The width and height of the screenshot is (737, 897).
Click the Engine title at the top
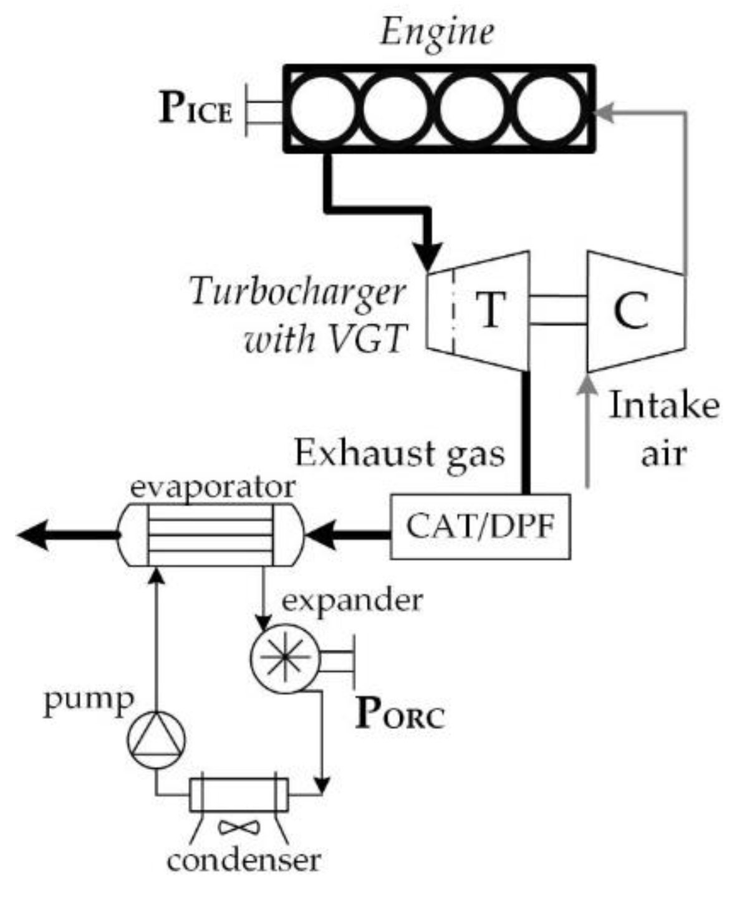[437, 32]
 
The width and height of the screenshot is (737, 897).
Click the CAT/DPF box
[480, 526]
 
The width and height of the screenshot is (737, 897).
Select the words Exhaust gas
[400, 453]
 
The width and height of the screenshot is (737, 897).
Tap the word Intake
[664, 406]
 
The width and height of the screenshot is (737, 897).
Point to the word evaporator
[213, 488]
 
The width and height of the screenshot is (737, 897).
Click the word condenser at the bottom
[244, 861]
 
